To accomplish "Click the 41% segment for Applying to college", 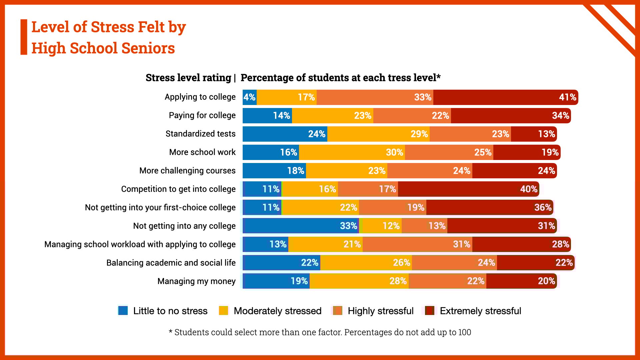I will [505, 97].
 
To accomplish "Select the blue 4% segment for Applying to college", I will [249, 97].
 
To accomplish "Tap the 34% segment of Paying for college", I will [511, 116].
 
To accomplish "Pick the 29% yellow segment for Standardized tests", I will [378, 134].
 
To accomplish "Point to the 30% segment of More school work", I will [352, 152].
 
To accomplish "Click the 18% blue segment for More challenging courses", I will [274, 171].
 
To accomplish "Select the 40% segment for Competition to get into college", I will [468, 189].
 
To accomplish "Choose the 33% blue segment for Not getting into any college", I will [301, 226].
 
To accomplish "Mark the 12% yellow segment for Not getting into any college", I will [382, 226].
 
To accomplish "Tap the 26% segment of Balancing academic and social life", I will [366, 263].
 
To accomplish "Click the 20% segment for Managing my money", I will [521, 281].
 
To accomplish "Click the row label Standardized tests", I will [200, 134].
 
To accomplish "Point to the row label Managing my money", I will [196, 281].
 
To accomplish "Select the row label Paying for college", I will [202, 115].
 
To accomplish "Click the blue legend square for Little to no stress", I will [123, 311].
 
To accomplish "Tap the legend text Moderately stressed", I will [277, 311].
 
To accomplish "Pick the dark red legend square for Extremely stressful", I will [429, 311].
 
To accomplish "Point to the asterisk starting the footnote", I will [170, 332].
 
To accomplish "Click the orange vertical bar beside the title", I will [24, 37].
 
